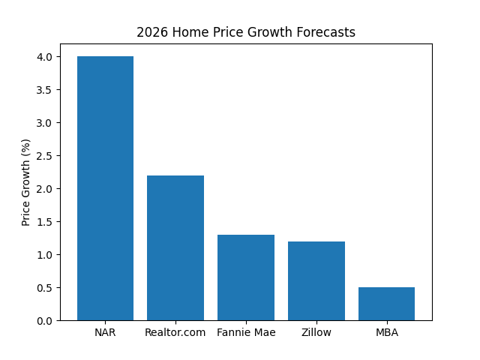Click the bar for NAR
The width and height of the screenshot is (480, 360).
(105, 188)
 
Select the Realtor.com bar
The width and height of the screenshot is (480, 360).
(175, 247)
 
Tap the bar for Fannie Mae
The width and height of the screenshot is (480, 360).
(246, 277)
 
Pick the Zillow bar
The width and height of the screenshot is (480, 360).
(316, 280)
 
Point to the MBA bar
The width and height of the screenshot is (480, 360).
(386, 304)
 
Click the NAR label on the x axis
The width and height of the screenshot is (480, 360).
(105, 332)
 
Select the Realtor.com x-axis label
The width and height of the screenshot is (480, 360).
(175, 332)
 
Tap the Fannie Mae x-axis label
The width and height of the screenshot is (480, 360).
(246, 332)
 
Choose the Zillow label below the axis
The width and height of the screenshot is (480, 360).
(316, 332)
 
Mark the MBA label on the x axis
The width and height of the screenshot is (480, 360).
(386, 332)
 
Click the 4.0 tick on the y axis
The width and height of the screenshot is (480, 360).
(45, 57)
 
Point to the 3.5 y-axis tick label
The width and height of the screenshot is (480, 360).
(45, 90)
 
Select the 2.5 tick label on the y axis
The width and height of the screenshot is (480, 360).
(45, 156)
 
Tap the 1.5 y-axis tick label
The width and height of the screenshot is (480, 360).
(45, 222)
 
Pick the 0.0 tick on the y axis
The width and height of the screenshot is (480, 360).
(45, 321)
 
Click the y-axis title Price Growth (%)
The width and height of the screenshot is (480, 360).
(26, 182)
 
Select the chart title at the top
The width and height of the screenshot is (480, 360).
(246, 32)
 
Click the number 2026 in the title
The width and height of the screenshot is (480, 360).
(149, 32)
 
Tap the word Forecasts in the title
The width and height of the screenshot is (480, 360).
(328, 32)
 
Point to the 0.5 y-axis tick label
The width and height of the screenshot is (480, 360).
(45, 288)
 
